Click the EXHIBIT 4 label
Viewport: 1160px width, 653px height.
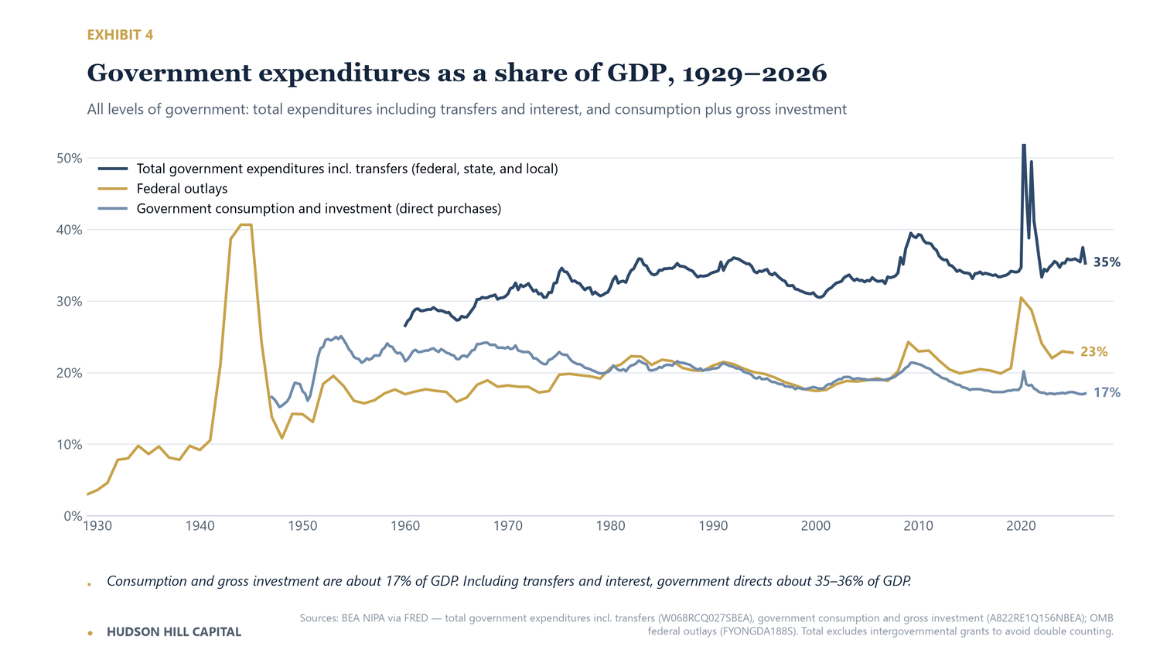click(x=120, y=35)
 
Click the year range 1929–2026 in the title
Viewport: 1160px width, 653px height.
click(x=755, y=73)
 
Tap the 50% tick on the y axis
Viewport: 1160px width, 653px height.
click(x=70, y=158)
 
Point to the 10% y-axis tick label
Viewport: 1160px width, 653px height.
click(x=70, y=445)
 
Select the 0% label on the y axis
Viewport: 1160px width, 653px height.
click(x=73, y=516)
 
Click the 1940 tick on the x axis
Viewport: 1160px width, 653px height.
click(x=200, y=526)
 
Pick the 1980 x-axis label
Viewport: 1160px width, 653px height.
click(x=611, y=526)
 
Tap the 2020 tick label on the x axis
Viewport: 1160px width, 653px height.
click(x=1021, y=526)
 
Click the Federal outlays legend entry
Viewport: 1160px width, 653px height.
click(x=182, y=189)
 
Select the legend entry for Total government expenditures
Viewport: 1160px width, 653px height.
click(x=347, y=169)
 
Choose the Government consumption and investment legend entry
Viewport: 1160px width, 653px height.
click(x=319, y=209)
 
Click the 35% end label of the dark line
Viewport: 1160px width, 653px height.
click(x=1107, y=262)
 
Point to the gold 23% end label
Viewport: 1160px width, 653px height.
click(x=1093, y=352)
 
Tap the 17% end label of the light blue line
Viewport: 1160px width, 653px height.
click(x=1107, y=393)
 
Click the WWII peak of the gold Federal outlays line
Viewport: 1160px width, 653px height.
click(x=246, y=224)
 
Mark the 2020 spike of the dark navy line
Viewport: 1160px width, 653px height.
click(x=1024, y=146)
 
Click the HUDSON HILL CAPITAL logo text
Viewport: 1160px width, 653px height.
click(x=173, y=632)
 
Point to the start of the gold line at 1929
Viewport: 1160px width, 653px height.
click(x=87, y=494)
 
